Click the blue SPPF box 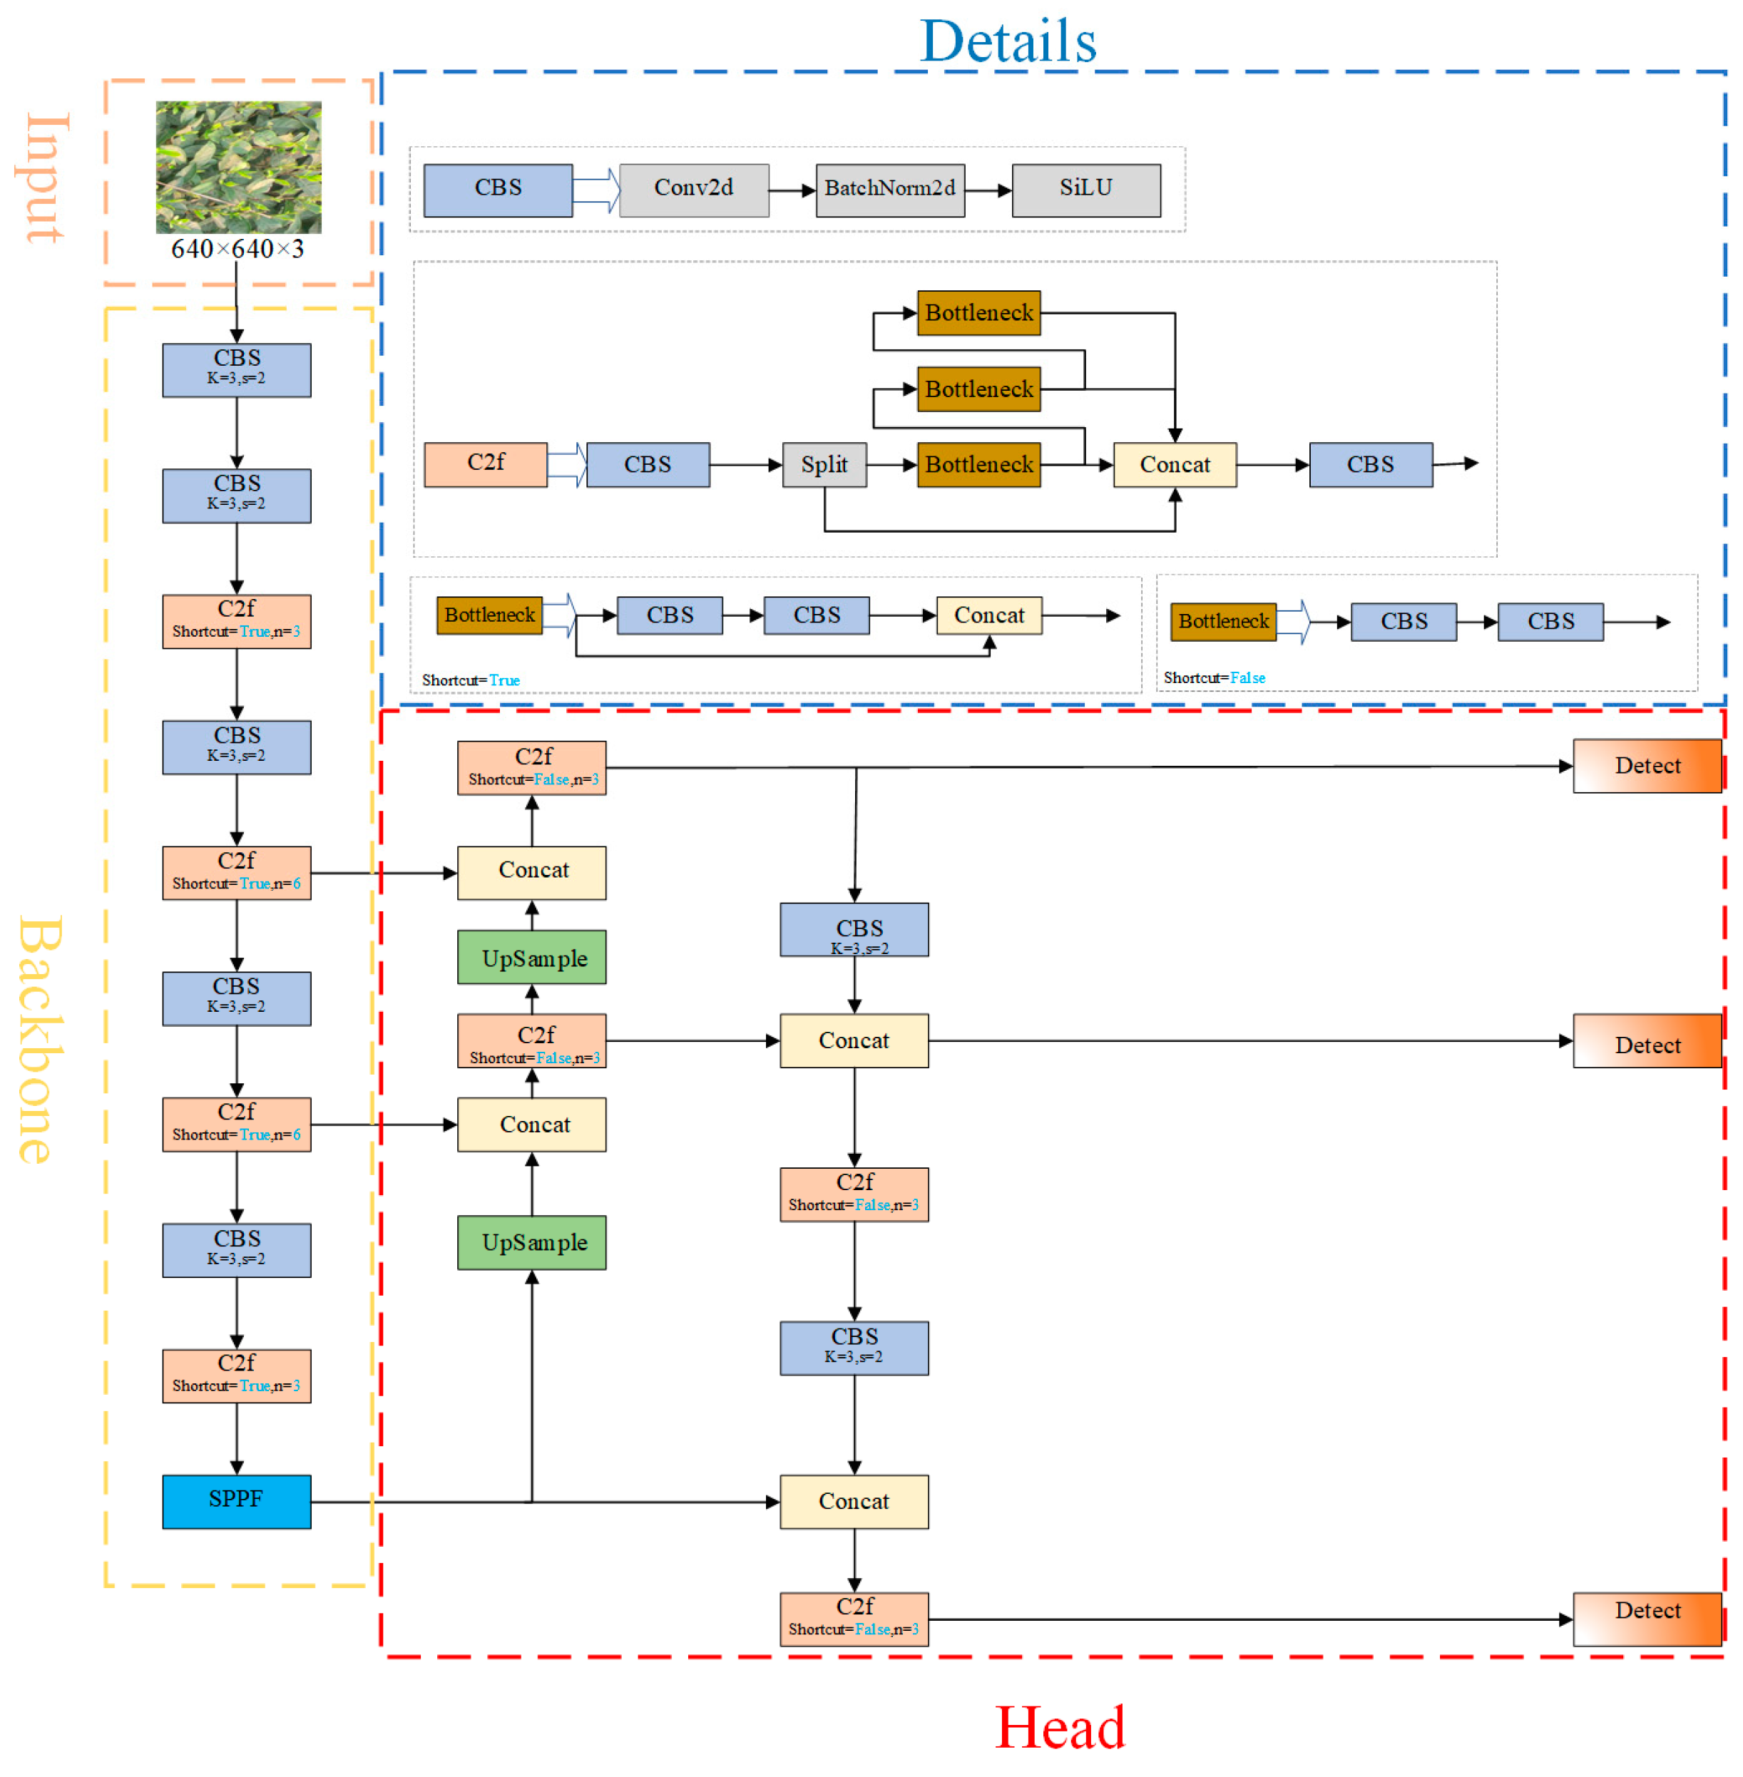click(x=236, y=1500)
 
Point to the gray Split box click(x=824, y=464)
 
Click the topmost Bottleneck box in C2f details click(x=978, y=313)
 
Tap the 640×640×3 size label click(x=237, y=249)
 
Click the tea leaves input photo click(x=238, y=167)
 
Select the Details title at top click(x=1008, y=41)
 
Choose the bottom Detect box click(x=1646, y=1618)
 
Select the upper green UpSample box click(x=532, y=957)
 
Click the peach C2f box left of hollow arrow click(x=485, y=464)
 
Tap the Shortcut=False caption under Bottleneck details click(x=1214, y=677)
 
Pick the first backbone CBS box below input click(x=236, y=370)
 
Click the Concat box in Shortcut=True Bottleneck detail click(x=988, y=615)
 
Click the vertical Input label click(x=43, y=178)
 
